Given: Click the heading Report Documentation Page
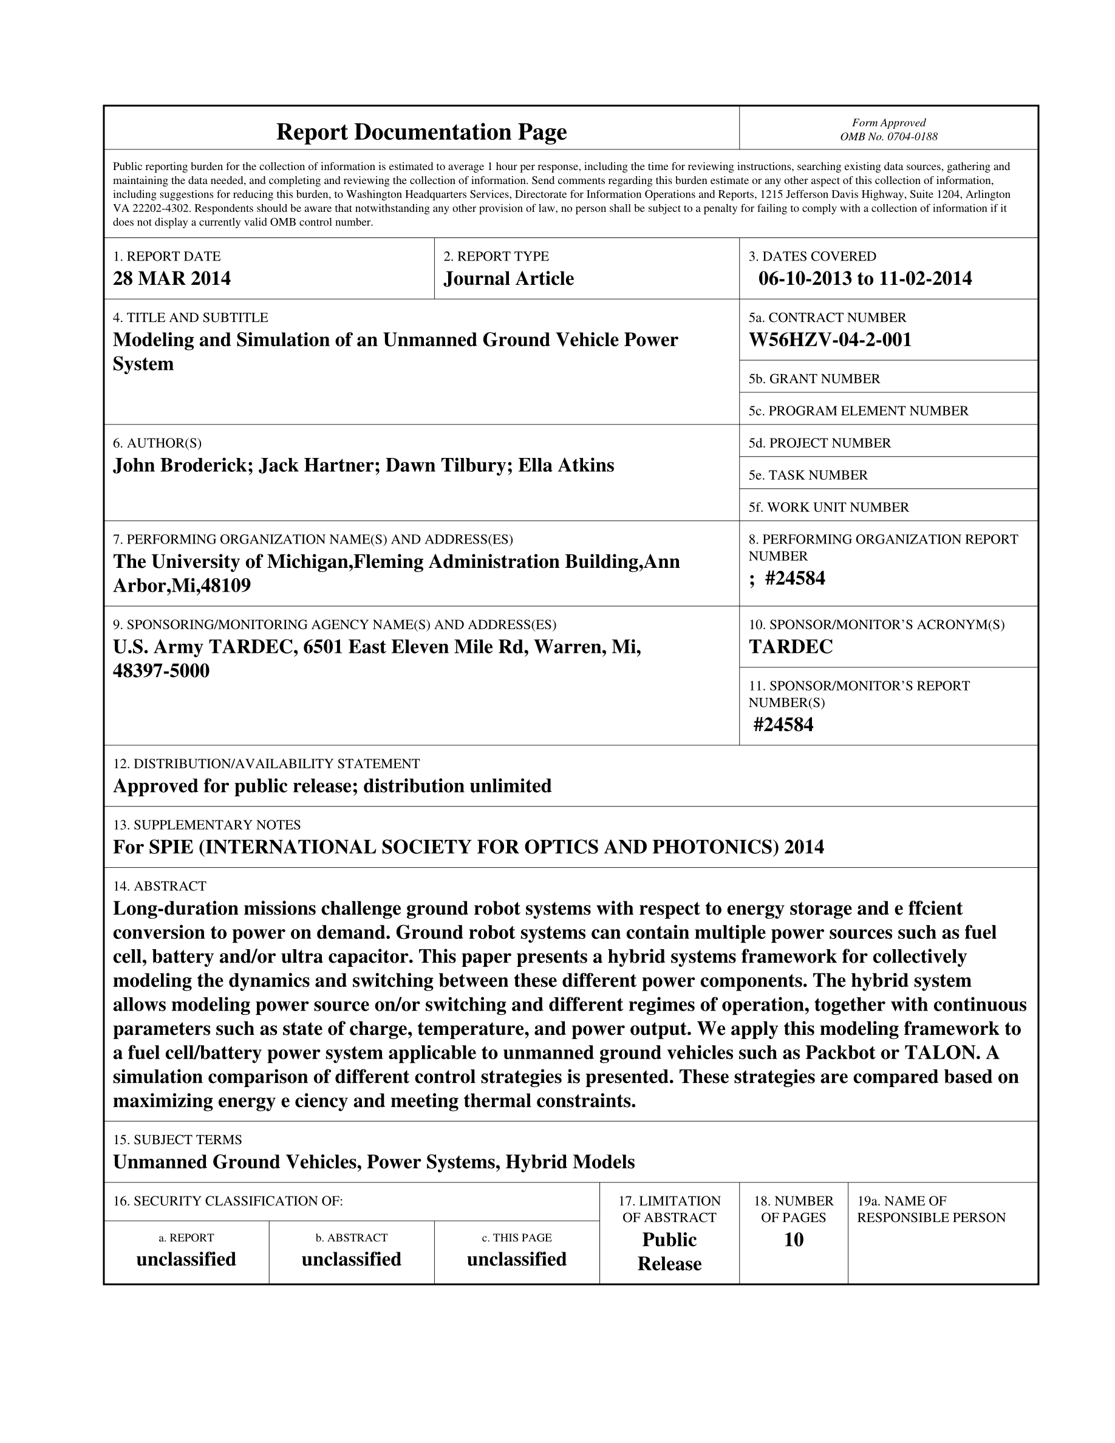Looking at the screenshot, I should point(421,132).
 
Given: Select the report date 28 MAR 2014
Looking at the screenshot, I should point(172,278).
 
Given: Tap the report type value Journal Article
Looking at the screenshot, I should point(508,279).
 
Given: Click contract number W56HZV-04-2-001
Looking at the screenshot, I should point(830,339).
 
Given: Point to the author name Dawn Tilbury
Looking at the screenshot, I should point(446,465).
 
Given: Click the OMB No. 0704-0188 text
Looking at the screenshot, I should point(888,137).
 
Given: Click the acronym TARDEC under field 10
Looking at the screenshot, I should point(791,647).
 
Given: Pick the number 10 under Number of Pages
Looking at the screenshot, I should point(793,1240).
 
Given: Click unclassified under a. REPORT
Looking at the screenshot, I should point(186,1260).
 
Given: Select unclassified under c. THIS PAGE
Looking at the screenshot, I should point(517,1260).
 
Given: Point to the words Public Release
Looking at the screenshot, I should point(669,1252).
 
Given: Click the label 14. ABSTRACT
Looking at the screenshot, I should point(160,886).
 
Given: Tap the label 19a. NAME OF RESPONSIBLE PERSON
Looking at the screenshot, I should point(931,1209).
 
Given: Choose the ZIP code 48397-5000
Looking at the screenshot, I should point(161,670).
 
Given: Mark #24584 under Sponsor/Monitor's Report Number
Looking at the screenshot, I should point(783,725).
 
